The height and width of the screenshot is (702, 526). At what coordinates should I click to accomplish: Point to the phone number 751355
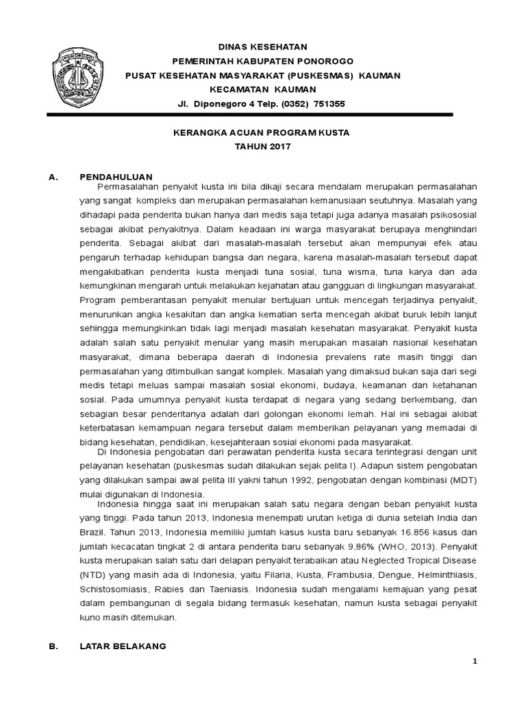pos(329,104)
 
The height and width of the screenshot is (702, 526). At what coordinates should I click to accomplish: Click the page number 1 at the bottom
pos(473,661)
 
